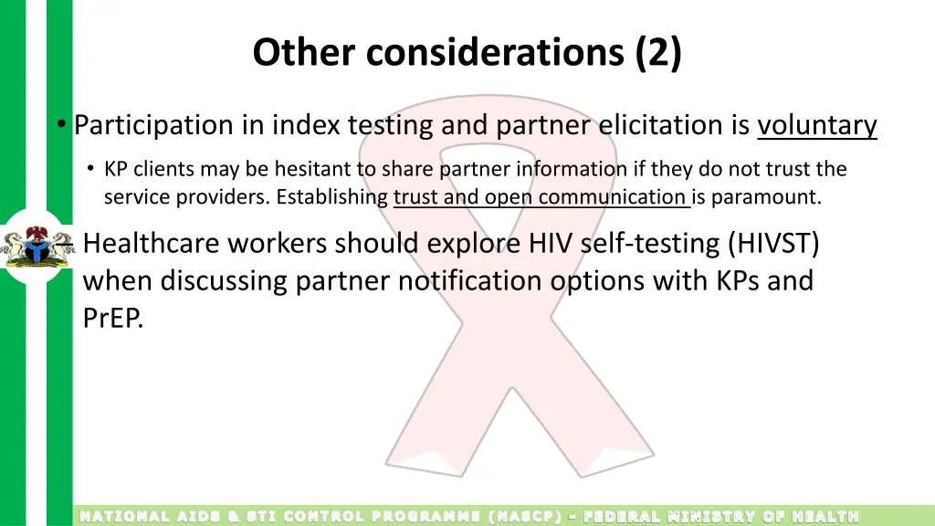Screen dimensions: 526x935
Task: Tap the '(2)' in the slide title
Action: (657, 53)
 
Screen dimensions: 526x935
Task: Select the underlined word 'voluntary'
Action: (817, 125)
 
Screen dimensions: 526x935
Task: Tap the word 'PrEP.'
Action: (114, 319)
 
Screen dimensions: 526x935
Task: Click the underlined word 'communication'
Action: (611, 197)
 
